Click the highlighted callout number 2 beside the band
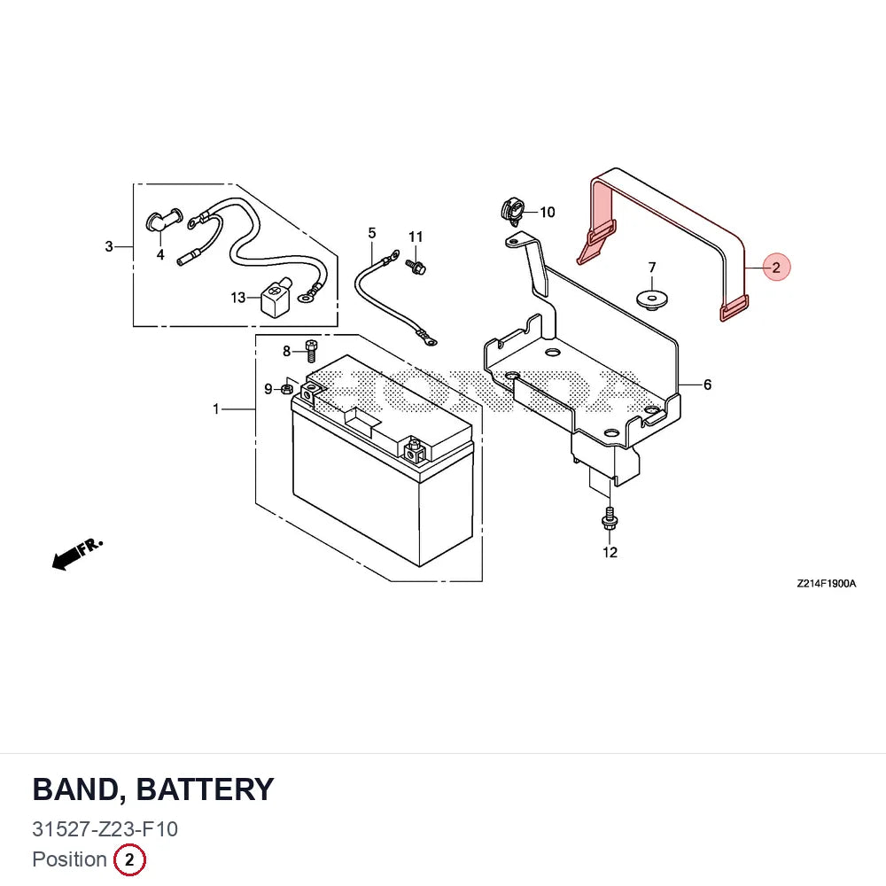click(776, 268)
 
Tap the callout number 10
click(547, 213)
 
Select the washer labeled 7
click(652, 300)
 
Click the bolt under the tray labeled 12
click(610, 518)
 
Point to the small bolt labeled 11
click(416, 266)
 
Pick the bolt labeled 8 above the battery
click(311, 350)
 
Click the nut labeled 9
click(286, 389)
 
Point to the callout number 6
click(707, 385)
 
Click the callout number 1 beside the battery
click(216, 408)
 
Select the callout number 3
click(109, 246)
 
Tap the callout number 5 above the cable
click(372, 233)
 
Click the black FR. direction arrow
click(77, 555)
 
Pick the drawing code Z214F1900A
click(826, 584)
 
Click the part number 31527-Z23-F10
click(105, 829)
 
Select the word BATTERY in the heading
click(206, 789)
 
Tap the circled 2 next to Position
click(129, 860)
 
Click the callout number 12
click(610, 552)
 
